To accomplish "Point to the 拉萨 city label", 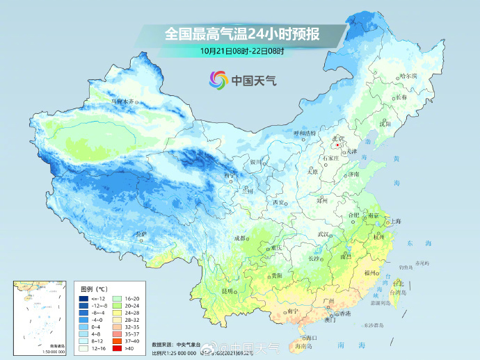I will tap(141, 234).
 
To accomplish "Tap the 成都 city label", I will tap(240, 238).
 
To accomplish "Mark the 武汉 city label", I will tap(322, 234).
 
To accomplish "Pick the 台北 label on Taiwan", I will tap(398, 284).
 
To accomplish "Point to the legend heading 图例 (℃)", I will tap(94, 288).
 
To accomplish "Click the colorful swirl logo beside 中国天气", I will tap(219, 80).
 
